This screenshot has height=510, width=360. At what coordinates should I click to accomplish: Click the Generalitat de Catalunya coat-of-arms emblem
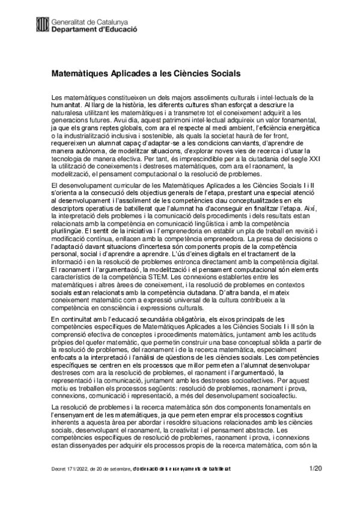(43, 23)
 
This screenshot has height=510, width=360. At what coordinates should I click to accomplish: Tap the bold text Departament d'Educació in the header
(94, 28)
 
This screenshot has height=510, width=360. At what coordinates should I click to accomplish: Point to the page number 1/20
(315, 467)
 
